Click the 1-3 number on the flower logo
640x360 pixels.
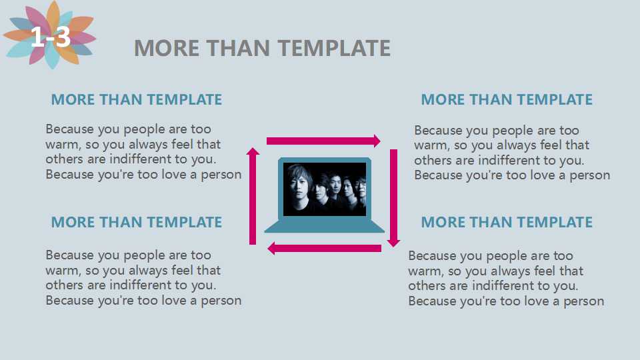[x=51, y=37]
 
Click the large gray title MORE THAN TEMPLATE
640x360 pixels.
[x=263, y=48]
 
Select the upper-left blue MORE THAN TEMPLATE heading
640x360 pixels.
[x=137, y=99]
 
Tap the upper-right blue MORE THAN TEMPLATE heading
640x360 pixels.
[x=507, y=99]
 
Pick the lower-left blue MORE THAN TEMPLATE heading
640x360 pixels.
[x=137, y=222]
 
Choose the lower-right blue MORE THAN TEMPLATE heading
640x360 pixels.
[x=507, y=222]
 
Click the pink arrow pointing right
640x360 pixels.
[x=323, y=141]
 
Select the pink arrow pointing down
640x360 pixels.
[x=393, y=198]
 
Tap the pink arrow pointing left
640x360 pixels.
[x=325, y=248]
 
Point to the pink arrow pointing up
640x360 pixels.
[x=253, y=196]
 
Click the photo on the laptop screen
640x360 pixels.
[x=325, y=189]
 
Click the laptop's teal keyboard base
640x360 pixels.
[x=325, y=226]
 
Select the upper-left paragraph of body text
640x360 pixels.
[x=143, y=152]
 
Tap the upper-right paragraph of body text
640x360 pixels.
[x=512, y=153]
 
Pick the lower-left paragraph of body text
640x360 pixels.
[x=143, y=277]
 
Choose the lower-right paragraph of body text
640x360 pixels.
[x=506, y=279]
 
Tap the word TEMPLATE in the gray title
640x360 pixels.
[x=335, y=48]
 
